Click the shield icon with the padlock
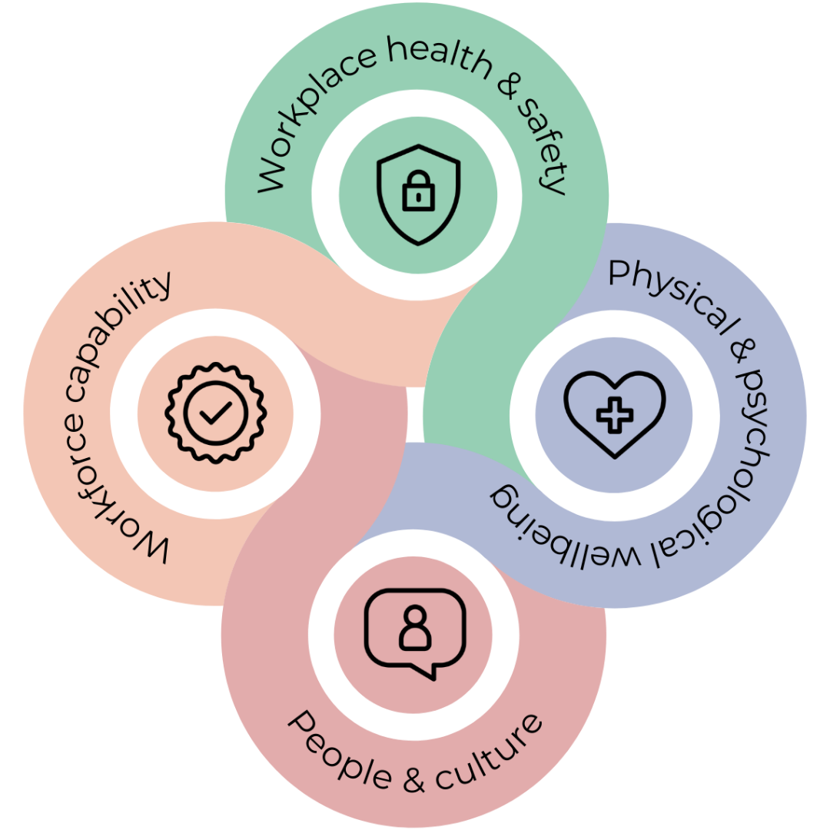418,194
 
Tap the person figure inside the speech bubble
415,629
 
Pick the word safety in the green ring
541,146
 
